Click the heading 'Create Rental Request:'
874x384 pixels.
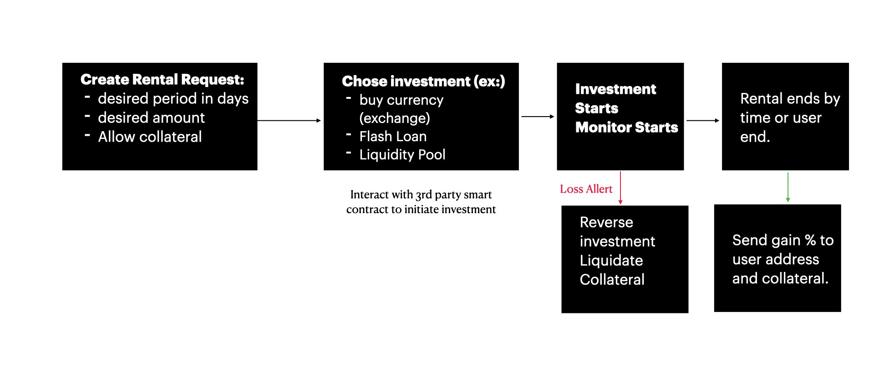tap(162, 80)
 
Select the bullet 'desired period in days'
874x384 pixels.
tap(173, 99)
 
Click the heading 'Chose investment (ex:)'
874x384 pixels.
tap(423, 82)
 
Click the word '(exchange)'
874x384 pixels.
tap(395, 118)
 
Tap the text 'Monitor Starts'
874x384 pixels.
tap(626, 128)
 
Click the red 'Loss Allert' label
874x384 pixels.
tap(586, 189)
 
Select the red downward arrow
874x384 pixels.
tap(620, 188)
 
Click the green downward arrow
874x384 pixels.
tap(788, 187)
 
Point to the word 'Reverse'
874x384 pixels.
tap(606, 222)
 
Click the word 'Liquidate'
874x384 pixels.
tap(611, 261)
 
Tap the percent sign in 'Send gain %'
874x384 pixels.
tap(810, 240)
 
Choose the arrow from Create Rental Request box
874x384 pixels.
tap(289, 121)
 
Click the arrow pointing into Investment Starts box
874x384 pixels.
tap(538, 117)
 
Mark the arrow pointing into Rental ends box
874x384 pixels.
tap(703, 121)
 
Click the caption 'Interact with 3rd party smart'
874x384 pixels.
tap(421, 195)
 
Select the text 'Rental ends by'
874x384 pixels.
tap(790, 99)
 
